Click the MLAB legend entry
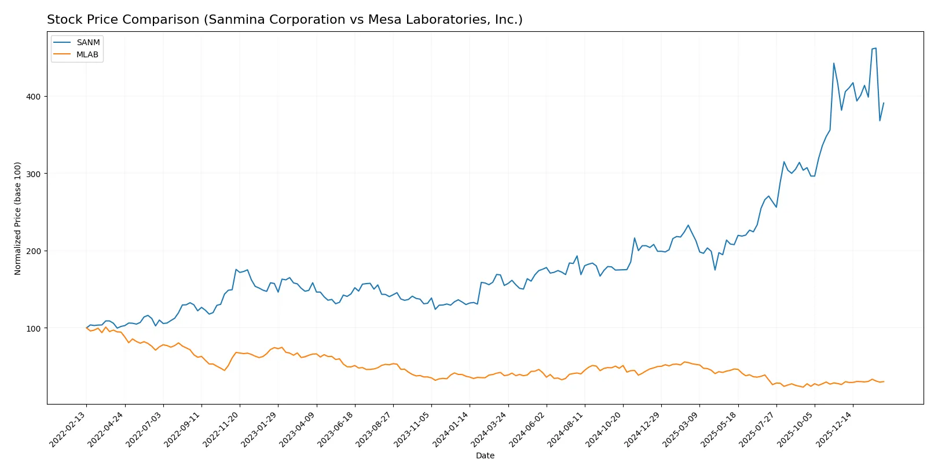pos(87,54)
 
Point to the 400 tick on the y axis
pos(34,97)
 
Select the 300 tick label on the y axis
pos(34,174)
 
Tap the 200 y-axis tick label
pos(34,251)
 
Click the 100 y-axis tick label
pos(34,328)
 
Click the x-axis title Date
pos(485,455)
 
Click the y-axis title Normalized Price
pos(18,218)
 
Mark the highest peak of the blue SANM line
pos(875,48)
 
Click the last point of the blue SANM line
pos(884,103)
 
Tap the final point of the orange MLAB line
pos(884,381)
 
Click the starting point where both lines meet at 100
pos(87,328)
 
